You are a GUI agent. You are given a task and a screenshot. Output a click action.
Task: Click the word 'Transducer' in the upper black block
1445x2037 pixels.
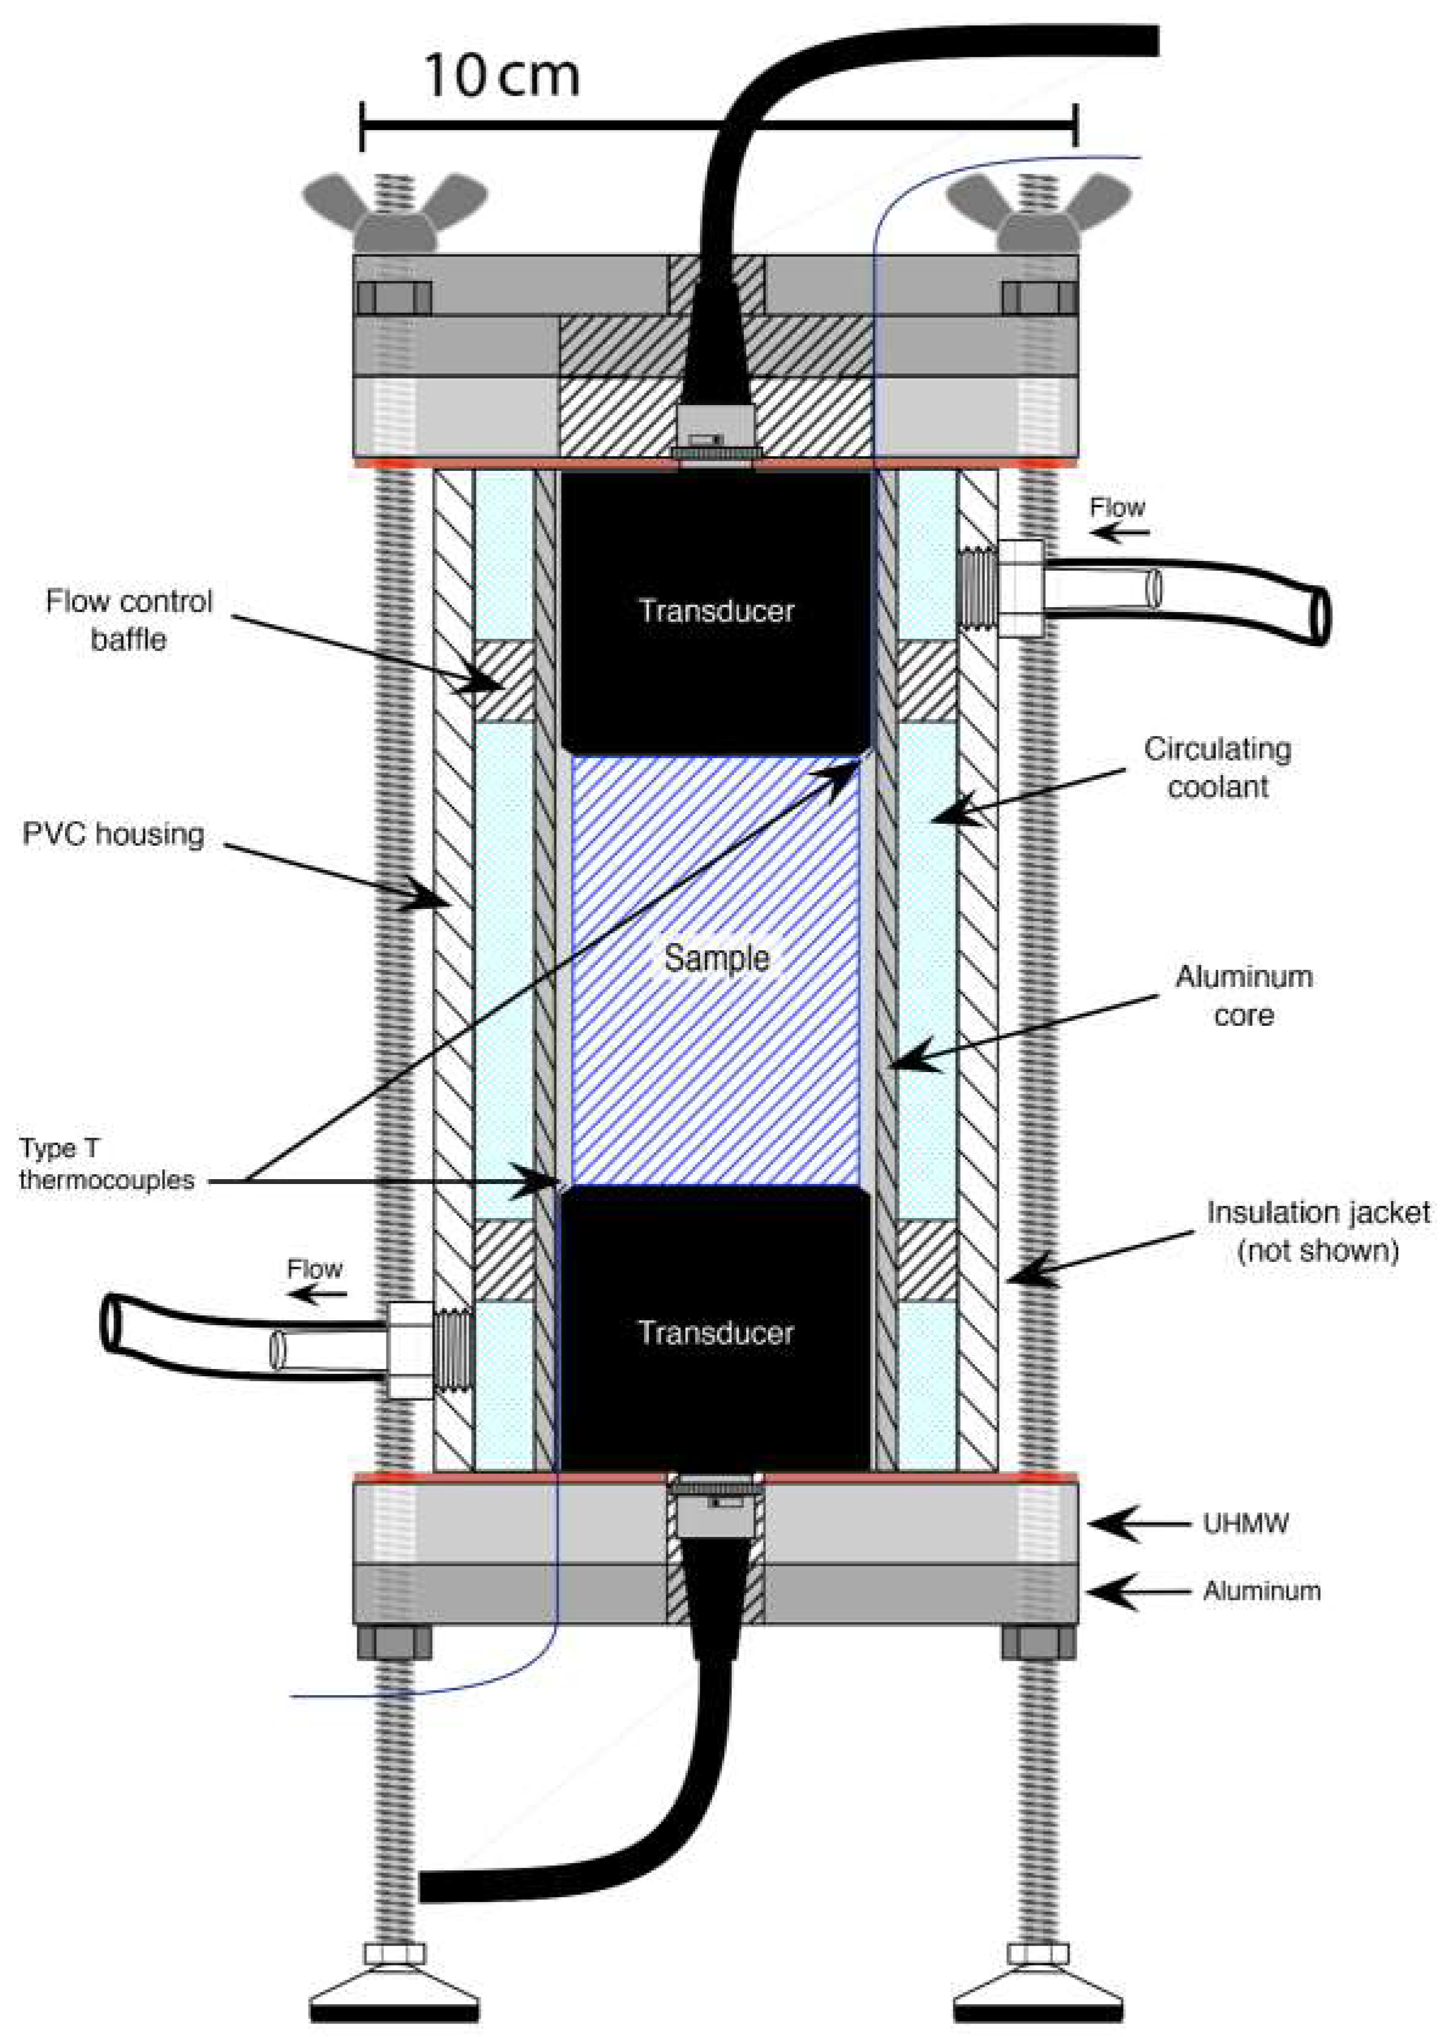[x=716, y=610]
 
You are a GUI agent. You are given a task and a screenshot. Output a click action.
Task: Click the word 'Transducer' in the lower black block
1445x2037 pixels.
[x=716, y=1332]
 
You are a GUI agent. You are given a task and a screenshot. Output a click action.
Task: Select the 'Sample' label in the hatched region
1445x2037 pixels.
[x=716, y=958]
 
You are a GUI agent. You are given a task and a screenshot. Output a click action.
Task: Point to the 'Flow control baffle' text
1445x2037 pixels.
[x=129, y=620]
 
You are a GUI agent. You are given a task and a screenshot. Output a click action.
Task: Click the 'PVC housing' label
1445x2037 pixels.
[x=113, y=834]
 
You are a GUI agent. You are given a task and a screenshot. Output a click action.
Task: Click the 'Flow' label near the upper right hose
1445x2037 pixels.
[x=1118, y=508]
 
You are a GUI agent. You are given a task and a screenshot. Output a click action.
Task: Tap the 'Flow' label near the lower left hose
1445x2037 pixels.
[x=315, y=1269]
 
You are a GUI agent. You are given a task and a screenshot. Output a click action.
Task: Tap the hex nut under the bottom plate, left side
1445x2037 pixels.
[x=394, y=1642]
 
